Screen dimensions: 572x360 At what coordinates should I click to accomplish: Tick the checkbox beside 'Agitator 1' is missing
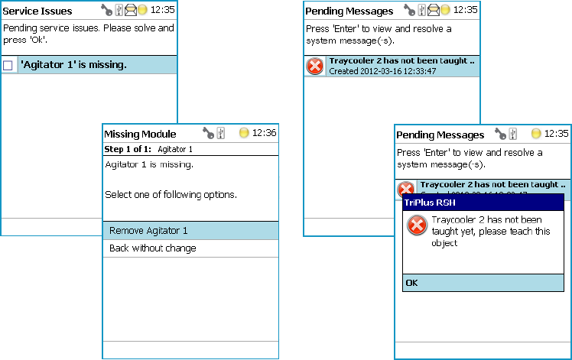[x=8, y=66]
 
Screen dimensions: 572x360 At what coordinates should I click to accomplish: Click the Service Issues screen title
[x=37, y=11]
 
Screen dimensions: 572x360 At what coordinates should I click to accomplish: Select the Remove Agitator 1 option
[x=148, y=231]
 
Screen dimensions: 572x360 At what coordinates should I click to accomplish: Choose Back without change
[x=153, y=248]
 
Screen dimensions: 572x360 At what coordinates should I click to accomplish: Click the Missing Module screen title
[x=140, y=134]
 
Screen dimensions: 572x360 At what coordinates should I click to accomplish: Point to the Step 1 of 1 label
[x=128, y=149]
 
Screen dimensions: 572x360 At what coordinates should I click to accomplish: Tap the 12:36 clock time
[x=264, y=133]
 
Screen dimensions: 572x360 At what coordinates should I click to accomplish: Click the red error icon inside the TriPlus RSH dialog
[x=417, y=225]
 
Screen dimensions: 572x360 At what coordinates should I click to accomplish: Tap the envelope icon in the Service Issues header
[x=130, y=11]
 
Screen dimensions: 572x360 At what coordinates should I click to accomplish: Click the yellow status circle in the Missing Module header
[x=244, y=133]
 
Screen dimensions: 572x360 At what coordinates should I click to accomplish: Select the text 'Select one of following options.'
[x=171, y=195]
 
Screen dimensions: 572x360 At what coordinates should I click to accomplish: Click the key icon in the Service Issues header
[x=106, y=11]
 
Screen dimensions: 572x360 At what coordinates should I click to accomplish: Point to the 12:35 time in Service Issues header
[x=162, y=11]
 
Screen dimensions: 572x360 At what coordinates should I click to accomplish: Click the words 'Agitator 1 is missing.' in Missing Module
[x=149, y=164]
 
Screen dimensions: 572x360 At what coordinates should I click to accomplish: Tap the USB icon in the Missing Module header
[x=220, y=133]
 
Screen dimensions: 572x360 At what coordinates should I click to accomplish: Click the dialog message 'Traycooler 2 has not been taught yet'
[x=486, y=232]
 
